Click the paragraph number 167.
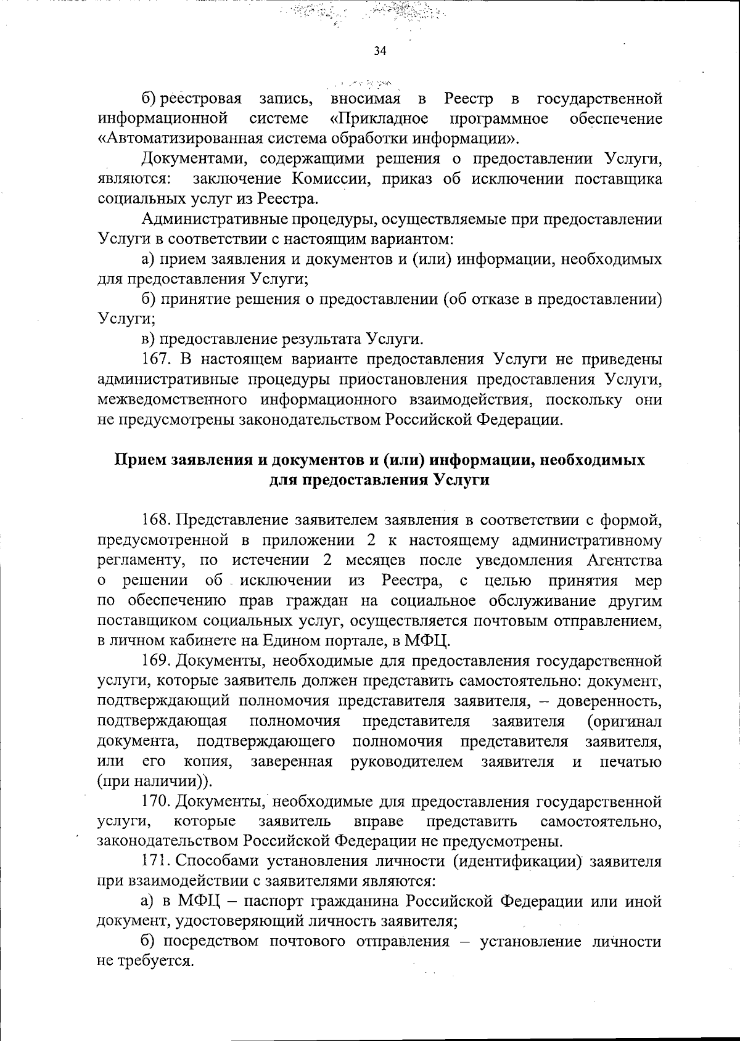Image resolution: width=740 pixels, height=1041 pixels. [x=157, y=359]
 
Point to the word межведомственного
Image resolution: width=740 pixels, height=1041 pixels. [x=170, y=400]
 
